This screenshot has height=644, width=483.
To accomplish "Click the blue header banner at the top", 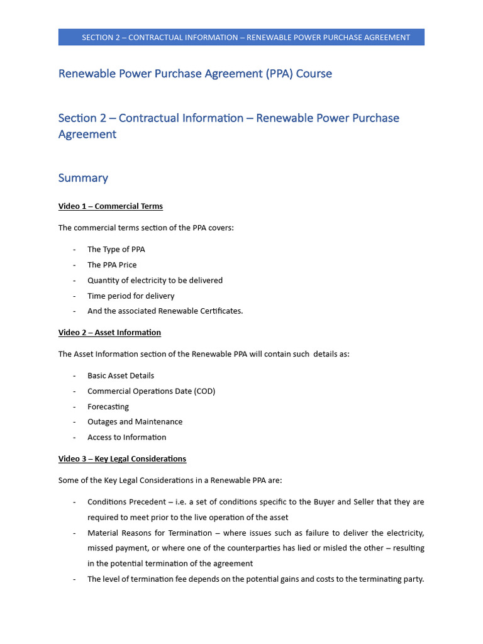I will point(241,37).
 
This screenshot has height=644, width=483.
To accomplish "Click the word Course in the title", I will point(314,74).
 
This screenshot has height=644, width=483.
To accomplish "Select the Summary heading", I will point(83,178).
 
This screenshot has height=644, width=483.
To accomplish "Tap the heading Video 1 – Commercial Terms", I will point(111,206).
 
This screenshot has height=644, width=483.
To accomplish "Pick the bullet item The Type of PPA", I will point(116,250).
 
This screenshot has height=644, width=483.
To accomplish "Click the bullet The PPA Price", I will point(112,265).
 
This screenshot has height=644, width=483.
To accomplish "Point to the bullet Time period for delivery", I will point(131,296).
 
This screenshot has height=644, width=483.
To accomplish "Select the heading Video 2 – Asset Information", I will point(109,332).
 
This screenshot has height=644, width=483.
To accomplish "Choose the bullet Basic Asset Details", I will point(121,375).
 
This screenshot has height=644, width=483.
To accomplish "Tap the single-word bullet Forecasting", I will point(108,407).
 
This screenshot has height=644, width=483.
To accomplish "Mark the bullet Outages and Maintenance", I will point(135,422).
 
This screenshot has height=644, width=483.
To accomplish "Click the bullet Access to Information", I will point(127,437).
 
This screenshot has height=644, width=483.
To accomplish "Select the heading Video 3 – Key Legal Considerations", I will point(122,458).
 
